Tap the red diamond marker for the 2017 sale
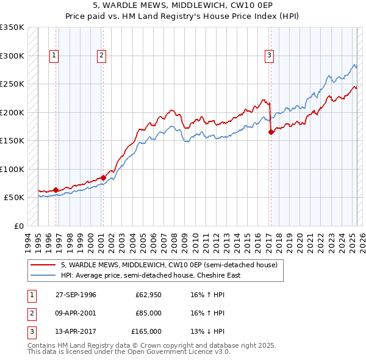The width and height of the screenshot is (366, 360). pos(271,132)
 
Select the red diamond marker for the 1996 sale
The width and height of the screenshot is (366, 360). pos(56,190)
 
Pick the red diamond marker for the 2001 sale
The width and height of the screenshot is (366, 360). pos(103,178)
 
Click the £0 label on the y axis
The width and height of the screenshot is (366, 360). pos(18,226)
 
